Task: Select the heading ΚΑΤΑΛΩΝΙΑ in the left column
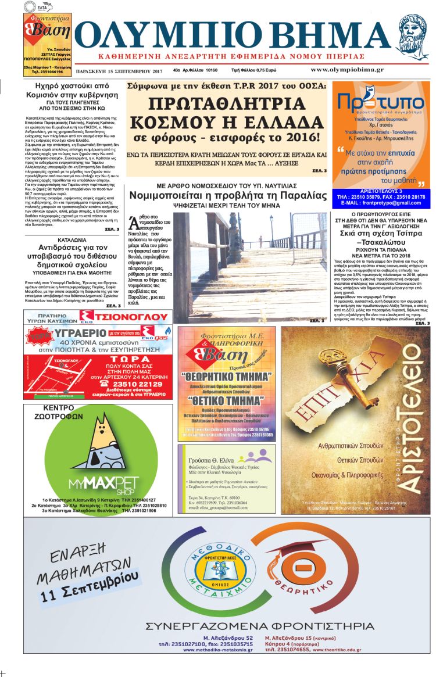tap(73, 239)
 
